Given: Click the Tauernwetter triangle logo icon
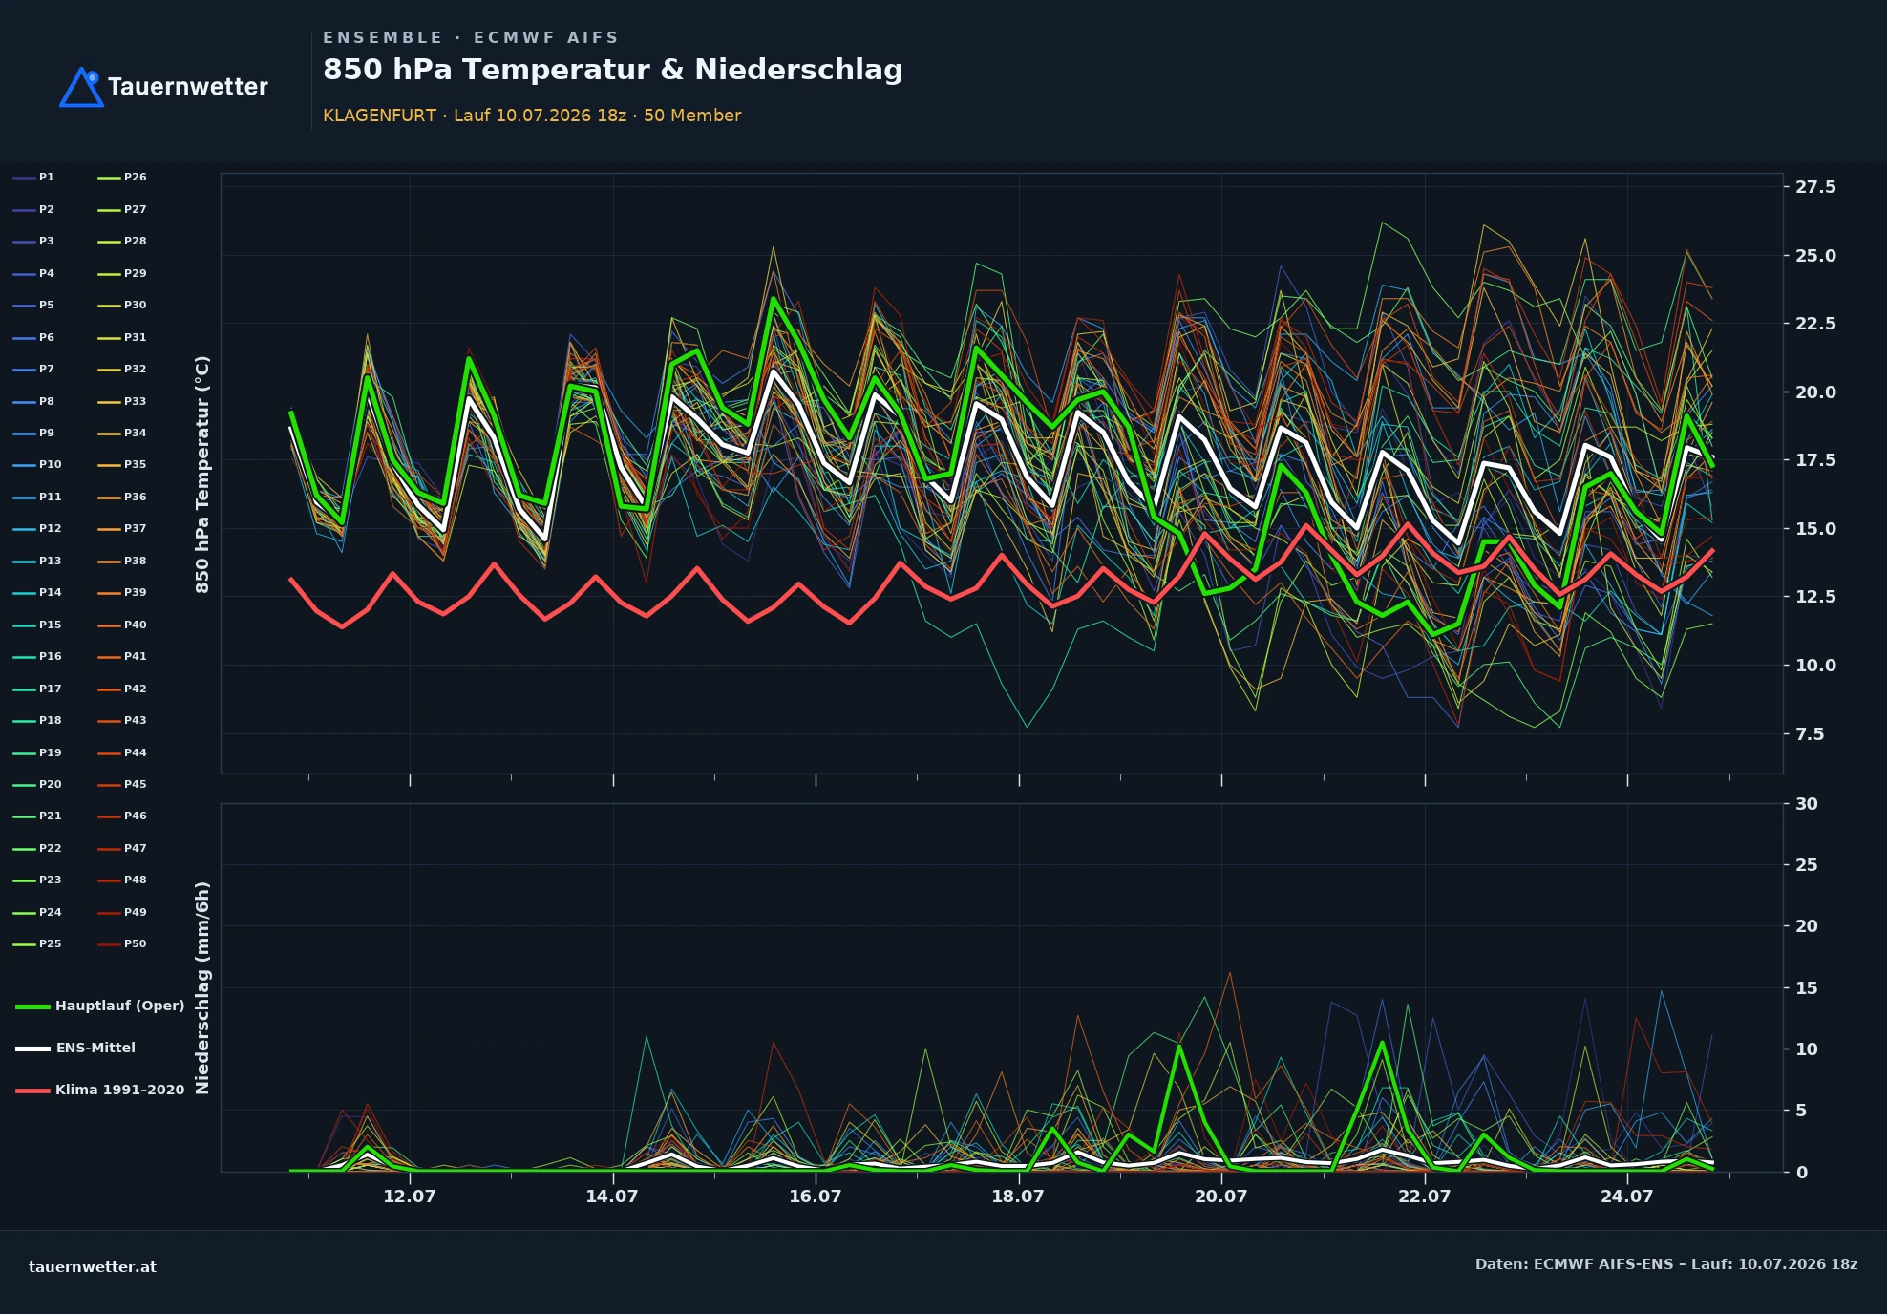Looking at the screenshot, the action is click(81, 87).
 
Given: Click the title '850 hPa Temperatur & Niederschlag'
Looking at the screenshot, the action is click(612, 70).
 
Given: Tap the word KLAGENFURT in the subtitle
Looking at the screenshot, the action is click(379, 116).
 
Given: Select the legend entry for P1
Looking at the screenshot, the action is click(34, 178).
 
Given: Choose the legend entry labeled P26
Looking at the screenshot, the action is click(122, 178).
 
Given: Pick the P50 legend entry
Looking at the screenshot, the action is click(122, 944).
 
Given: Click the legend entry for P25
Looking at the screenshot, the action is click(37, 944).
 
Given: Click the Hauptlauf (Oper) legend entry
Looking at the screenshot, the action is click(100, 1006).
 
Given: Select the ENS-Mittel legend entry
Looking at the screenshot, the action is click(75, 1048).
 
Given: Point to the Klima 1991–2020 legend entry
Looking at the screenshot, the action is click(100, 1090).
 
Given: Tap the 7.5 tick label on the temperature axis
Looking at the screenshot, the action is click(1810, 734).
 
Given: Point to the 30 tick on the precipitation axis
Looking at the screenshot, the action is click(1807, 804).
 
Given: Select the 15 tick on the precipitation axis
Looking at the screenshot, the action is click(1807, 988).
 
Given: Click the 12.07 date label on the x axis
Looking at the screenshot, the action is click(410, 1197).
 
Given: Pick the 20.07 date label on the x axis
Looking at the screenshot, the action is click(1221, 1197).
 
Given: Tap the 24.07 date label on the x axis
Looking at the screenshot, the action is click(1627, 1197).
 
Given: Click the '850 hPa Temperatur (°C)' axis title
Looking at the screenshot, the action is click(202, 475).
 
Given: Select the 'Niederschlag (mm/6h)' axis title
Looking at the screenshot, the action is click(202, 987).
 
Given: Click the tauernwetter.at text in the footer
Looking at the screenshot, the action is click(93, 1267).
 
